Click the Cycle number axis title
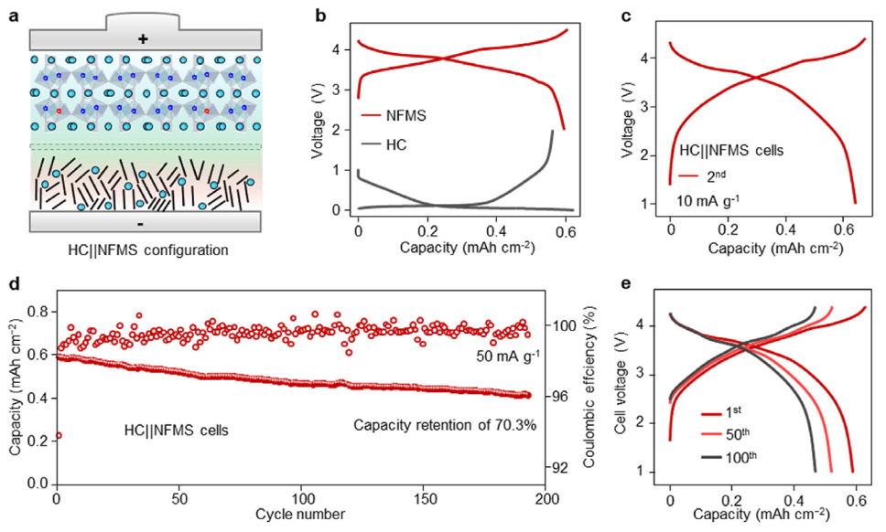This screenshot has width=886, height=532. (301, 515)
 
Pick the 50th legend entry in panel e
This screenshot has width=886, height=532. (738, 433)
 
